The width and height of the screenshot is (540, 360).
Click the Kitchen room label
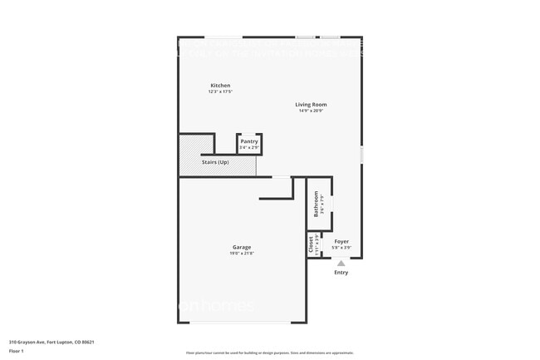(220, 86)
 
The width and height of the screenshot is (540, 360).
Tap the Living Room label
(312, 105)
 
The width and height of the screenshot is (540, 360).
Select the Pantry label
(249, 141)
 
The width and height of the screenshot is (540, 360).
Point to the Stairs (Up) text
(215, 161)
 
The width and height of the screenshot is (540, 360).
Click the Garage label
(242, 247)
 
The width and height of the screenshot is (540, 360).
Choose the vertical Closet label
(311, 244)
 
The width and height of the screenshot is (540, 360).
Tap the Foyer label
(341, 241)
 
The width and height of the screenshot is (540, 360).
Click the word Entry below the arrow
(341, 272)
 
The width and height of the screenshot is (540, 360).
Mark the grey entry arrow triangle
(341, 263)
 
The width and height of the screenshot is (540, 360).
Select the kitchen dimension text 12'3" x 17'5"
(220, 91)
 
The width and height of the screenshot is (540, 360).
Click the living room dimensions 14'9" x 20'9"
(312, 111)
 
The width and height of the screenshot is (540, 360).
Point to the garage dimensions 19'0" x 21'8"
(242, 253)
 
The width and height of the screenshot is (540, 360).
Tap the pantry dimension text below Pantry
(249, 147)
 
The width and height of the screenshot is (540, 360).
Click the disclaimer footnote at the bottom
(269, 353)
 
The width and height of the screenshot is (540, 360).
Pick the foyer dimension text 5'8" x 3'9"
(341, 247)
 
